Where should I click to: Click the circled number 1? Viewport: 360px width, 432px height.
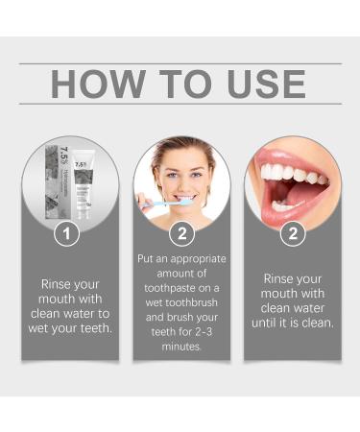(x=66, y=233)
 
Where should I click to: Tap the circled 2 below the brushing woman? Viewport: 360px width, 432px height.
(x=180, y=233)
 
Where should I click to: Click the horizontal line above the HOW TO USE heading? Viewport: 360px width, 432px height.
(x=180, y=63)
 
